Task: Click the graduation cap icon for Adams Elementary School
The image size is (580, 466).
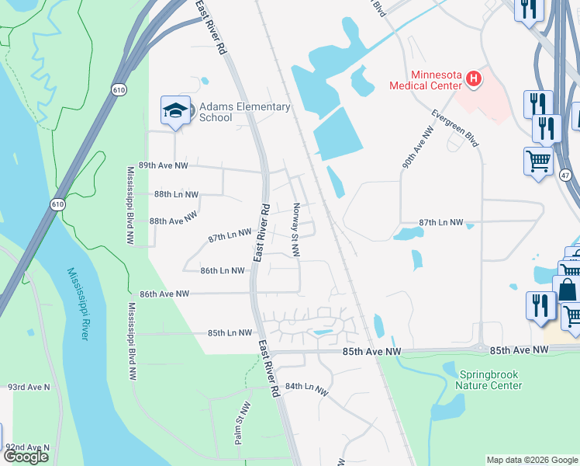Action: click(175, 110)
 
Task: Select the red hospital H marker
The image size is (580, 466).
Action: click(473, 78)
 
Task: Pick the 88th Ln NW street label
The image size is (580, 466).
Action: click(176, 194)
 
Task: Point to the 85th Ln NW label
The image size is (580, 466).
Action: click(230, 332)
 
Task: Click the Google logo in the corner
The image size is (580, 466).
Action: click(26, 457)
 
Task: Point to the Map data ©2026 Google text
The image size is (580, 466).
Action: click(532, 460)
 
